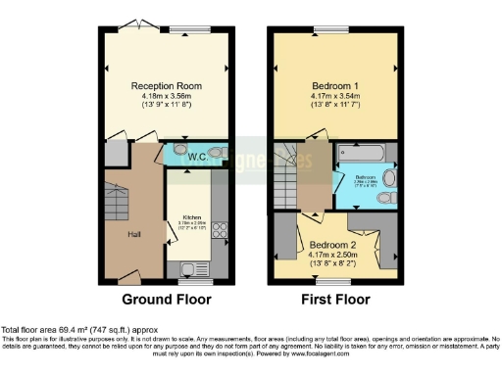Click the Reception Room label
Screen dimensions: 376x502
(x=167, y=86)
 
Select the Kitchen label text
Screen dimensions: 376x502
(x=190, y=217)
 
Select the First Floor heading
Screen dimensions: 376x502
(x=337, y=299)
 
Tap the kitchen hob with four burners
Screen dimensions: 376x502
(x=220, y=232)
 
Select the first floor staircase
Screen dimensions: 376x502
(x=289, y=176)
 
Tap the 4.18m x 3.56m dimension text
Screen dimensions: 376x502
(x=167, y=96)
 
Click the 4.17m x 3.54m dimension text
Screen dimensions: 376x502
(x=337, y=96)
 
